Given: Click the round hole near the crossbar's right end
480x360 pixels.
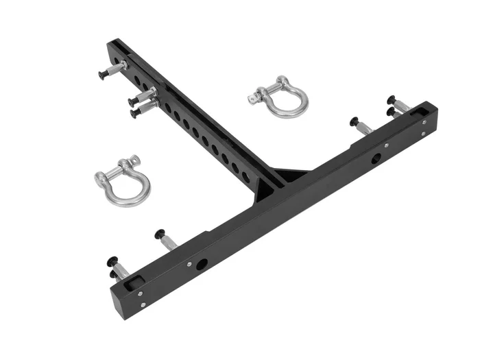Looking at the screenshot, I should click(376, 159).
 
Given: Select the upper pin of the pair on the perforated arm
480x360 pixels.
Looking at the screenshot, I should click(141, 99).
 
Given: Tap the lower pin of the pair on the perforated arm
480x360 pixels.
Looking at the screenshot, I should click(142, 108).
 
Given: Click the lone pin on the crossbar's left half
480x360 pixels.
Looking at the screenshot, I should click(165, 238).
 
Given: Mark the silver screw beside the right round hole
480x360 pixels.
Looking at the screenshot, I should click(387, 145).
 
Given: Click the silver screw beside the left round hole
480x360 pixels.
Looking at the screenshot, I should click(189, 263).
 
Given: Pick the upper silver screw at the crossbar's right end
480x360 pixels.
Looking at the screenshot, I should click(424, 122).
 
